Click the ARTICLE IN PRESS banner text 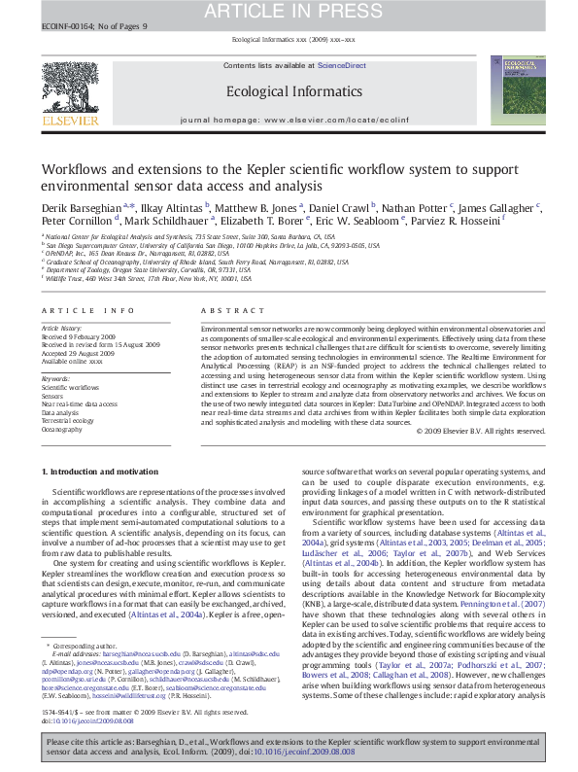[x=288, y=12]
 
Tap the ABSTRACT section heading [x=220, y=311]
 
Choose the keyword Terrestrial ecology [x=68, y=420]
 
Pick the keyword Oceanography [x=62, y=429]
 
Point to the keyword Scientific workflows [x=70, y=387]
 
